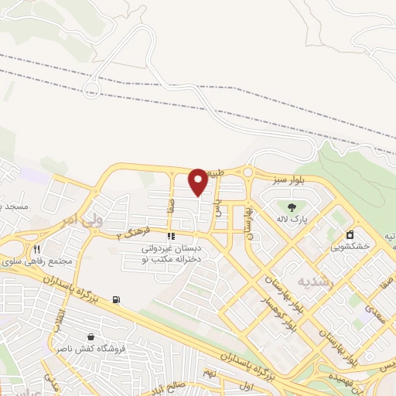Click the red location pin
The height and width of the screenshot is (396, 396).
(198, 182)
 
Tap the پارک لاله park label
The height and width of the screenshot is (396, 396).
(293, 220)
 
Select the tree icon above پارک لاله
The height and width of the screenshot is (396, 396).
(292, 207)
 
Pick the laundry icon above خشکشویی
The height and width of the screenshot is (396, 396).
(350, 234)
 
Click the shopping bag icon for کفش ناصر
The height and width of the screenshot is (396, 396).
(92, 337)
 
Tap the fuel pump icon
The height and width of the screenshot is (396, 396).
(116, 299)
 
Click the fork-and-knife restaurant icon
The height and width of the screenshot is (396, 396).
(36, 249)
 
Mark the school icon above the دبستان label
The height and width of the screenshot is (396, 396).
(171, 237)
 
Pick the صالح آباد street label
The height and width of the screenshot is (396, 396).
(182, 385)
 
